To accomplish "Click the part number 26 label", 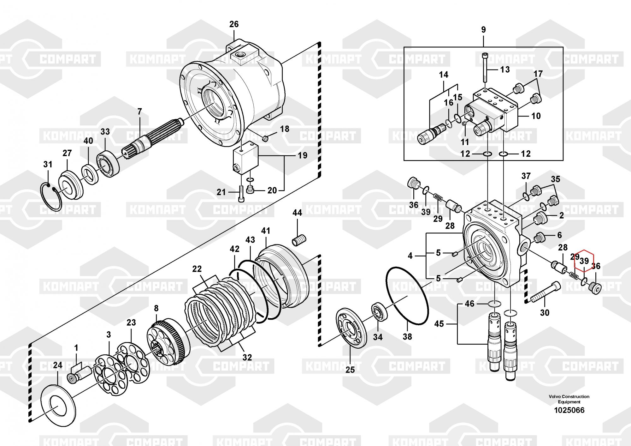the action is tap(234, 24).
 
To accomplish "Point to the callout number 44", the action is tap(297, 213).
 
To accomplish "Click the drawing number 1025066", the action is tap(569, 410).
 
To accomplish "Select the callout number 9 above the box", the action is tap(483, 30).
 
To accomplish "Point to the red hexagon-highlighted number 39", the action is tap(584, 261).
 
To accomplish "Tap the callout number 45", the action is tap(439, 324).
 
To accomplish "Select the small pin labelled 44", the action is tap(299, 241).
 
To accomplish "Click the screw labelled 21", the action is tap(241, 193).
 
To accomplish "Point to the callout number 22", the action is tap(197, 269).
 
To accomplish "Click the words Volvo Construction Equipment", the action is tap(569, 399).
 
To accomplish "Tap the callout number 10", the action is tap(536, 116).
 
